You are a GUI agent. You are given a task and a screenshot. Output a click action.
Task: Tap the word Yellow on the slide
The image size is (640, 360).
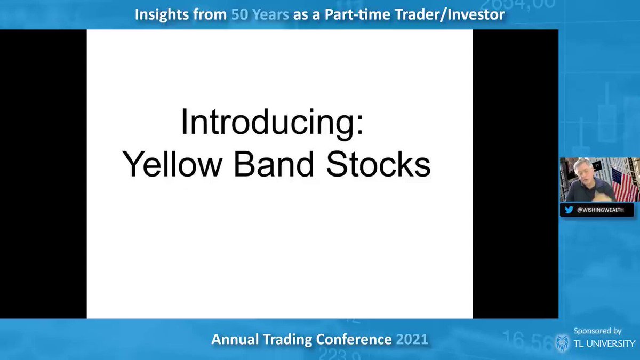tap(172, 164)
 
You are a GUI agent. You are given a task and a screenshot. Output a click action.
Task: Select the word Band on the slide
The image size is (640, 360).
tap(274, 164)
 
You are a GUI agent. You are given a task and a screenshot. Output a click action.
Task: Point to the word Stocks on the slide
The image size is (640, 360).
tap(378, 164)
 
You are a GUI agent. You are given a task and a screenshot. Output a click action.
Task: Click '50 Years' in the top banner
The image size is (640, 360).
tap(260, 14)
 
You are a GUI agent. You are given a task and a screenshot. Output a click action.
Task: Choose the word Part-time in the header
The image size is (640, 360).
tap(357, 14)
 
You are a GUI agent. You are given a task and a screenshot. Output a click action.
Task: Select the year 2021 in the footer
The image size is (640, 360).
tap(412, 339)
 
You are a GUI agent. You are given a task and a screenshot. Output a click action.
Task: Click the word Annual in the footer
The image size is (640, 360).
tap(235, 339)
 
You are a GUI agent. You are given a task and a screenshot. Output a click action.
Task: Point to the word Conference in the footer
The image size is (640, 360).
tap(354, 339)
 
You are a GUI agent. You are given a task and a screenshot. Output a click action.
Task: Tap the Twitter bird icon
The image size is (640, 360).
tap(569, 210)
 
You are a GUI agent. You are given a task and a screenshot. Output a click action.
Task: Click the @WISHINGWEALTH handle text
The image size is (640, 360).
tap(601, 210)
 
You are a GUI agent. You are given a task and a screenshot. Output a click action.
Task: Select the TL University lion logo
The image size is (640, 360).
tap(562, 343)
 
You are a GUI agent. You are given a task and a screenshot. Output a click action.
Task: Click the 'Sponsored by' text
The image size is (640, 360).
tap(597, 331)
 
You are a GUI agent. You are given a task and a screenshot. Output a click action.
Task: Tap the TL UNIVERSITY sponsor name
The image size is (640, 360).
tap(604, 343)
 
